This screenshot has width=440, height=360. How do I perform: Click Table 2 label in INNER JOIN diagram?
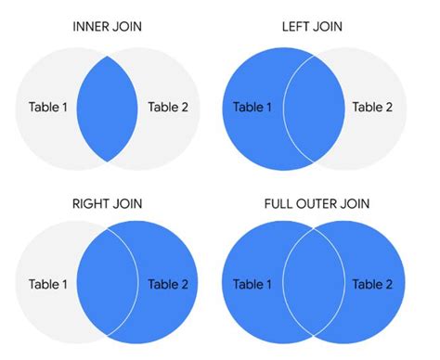168,107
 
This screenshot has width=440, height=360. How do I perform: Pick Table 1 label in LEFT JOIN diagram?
253,107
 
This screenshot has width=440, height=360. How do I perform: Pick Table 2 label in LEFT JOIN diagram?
372,107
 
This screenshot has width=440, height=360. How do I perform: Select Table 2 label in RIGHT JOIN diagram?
168,283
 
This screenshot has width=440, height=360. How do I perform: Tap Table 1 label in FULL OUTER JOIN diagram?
253,283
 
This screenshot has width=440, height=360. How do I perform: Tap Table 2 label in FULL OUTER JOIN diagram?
372,283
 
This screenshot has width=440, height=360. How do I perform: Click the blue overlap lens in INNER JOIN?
109,107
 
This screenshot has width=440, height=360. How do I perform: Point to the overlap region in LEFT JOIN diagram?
313,107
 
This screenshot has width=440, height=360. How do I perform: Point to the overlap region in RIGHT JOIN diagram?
109,283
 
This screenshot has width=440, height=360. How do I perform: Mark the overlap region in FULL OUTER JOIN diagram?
313,283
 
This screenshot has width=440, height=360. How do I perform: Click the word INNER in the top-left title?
91,26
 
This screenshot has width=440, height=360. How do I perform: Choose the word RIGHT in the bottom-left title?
92,202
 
